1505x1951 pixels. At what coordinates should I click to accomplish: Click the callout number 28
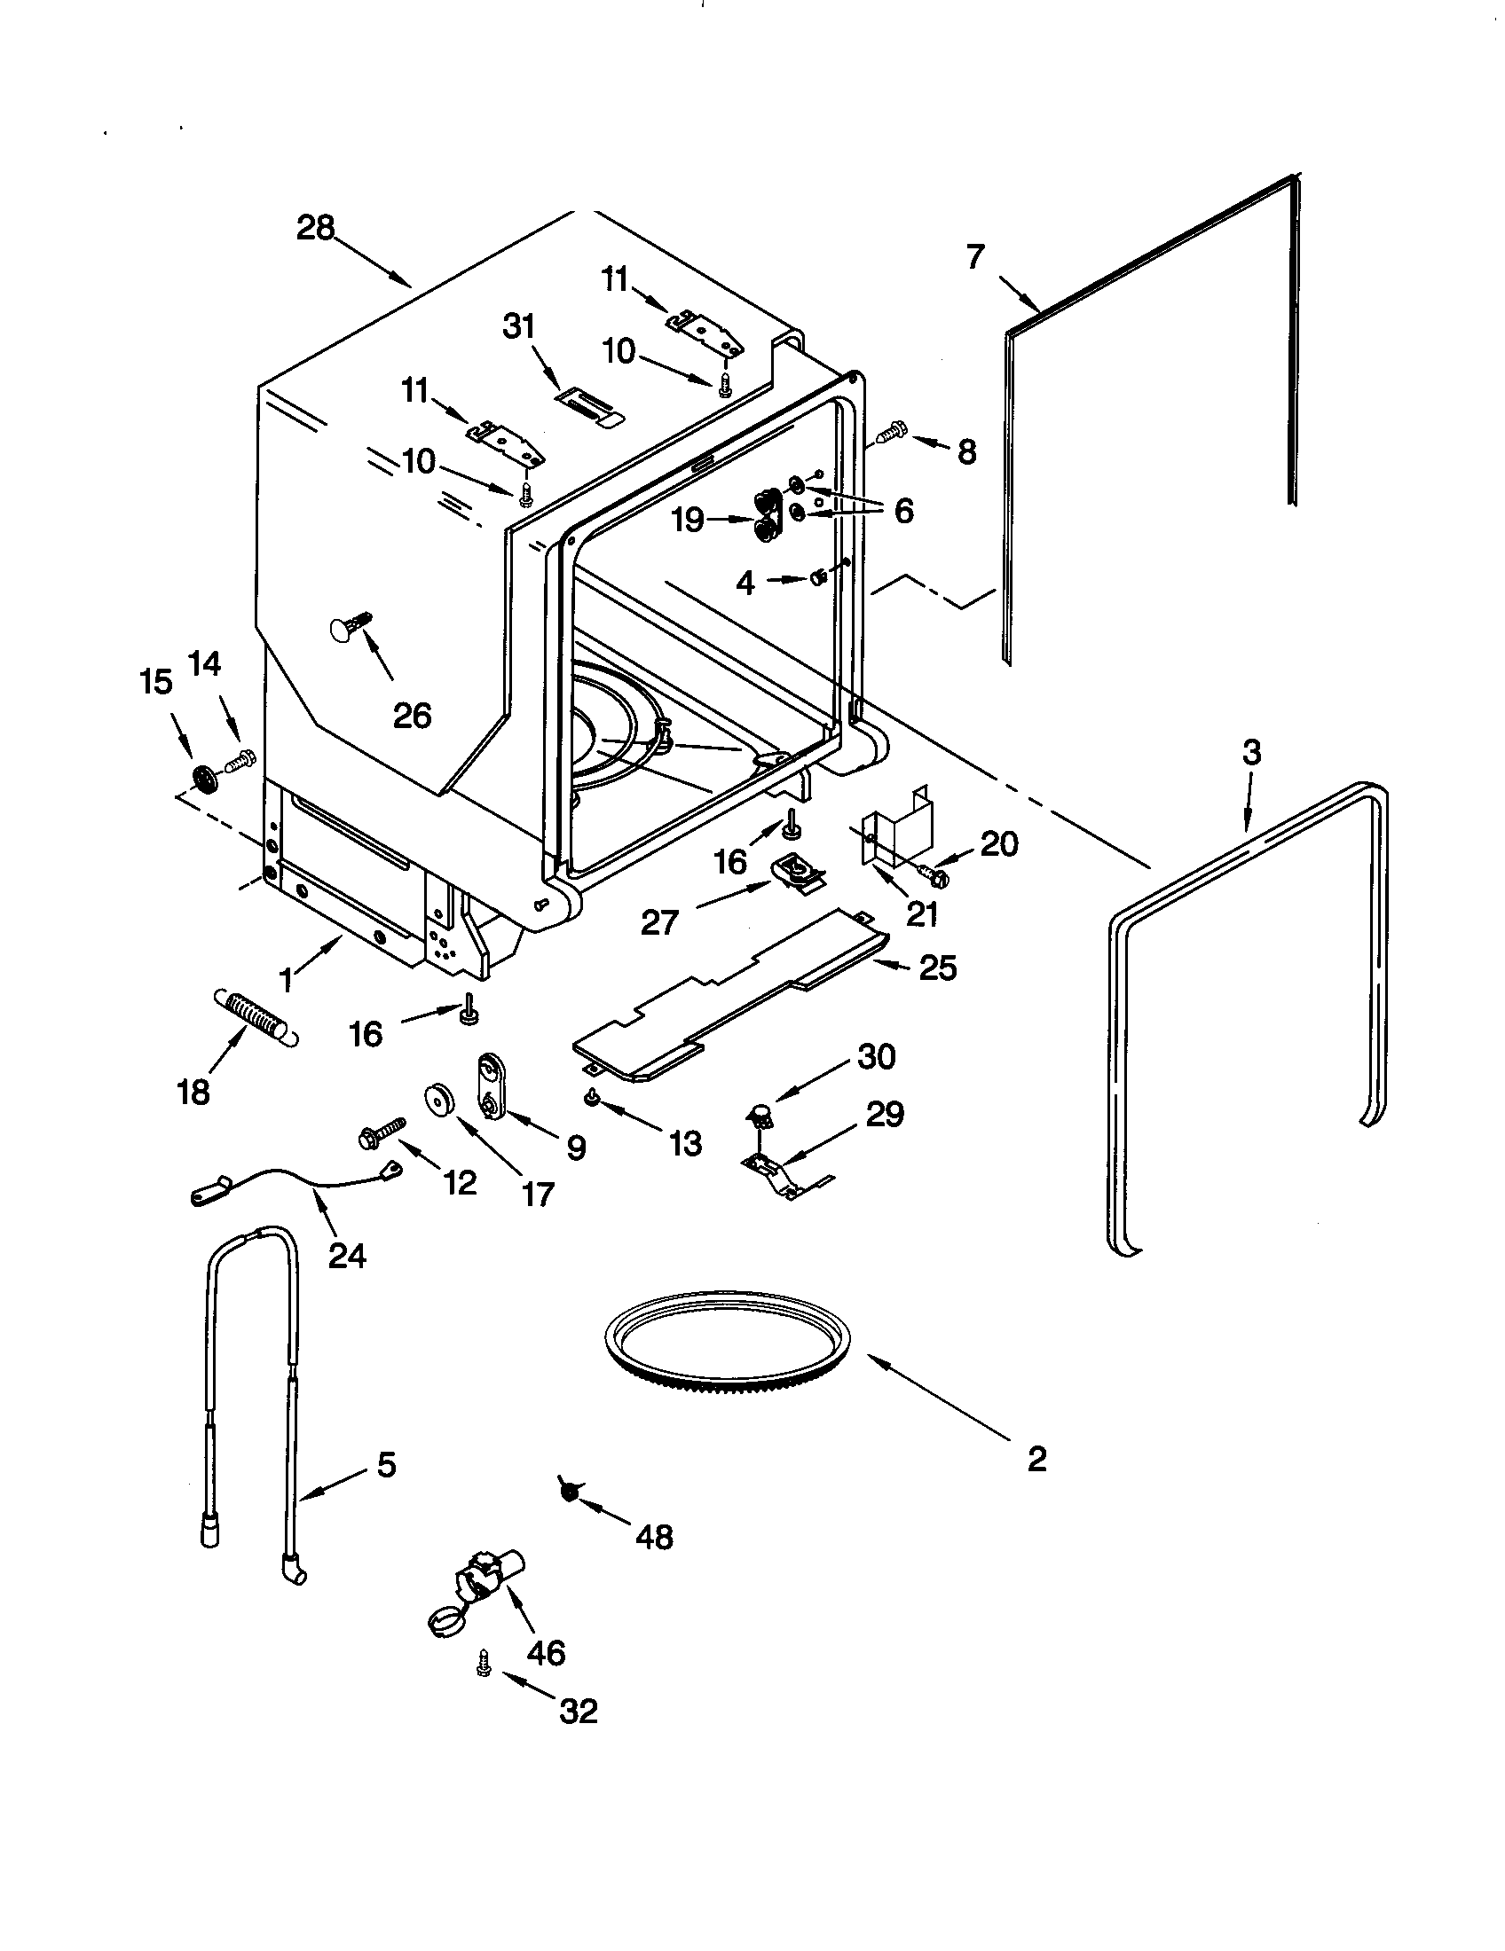tap(315, 229)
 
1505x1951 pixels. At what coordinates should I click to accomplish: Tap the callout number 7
tap(975, 257)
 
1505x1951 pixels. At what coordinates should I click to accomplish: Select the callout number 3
tap(1252, 753)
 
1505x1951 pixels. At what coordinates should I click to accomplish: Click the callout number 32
tap(579, 1712)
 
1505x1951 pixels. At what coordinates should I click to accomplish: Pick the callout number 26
tap(412, 716)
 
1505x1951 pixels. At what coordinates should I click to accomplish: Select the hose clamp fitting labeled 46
tap(473, 1595)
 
